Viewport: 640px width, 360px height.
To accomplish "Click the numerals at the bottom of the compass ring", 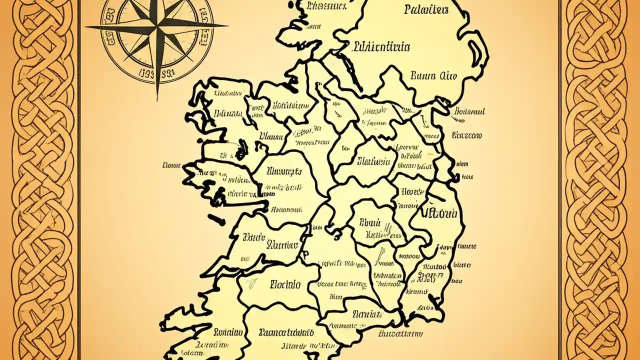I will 157,73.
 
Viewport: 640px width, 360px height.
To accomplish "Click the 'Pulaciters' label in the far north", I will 426,9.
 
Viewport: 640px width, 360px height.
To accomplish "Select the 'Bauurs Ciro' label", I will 433,76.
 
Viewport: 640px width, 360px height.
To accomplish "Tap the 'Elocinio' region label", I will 285,284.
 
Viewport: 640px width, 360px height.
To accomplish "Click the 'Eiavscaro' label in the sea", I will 466,135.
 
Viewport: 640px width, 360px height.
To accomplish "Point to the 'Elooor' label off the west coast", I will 171,164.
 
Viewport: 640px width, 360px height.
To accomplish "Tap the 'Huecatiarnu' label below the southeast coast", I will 400,334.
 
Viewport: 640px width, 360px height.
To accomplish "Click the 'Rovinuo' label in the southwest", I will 228,332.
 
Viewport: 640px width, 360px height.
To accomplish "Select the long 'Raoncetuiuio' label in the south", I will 286,332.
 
